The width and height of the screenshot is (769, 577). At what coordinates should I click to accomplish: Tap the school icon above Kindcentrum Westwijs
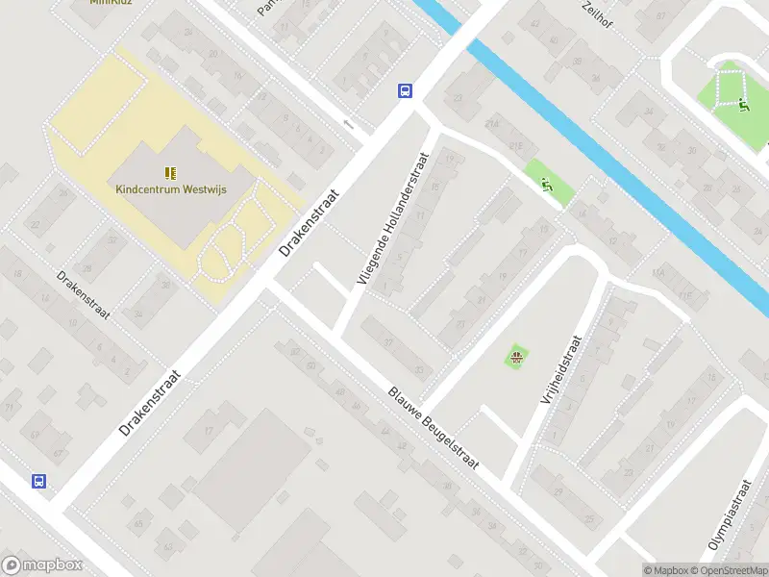point(170,173)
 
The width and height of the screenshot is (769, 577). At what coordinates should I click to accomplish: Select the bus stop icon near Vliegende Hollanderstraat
point(406,91)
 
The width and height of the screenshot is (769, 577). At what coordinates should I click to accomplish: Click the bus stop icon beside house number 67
point(39,481)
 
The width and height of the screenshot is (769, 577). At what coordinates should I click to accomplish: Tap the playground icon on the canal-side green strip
point(548,186)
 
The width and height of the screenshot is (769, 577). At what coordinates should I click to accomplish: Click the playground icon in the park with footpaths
point(744,106)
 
